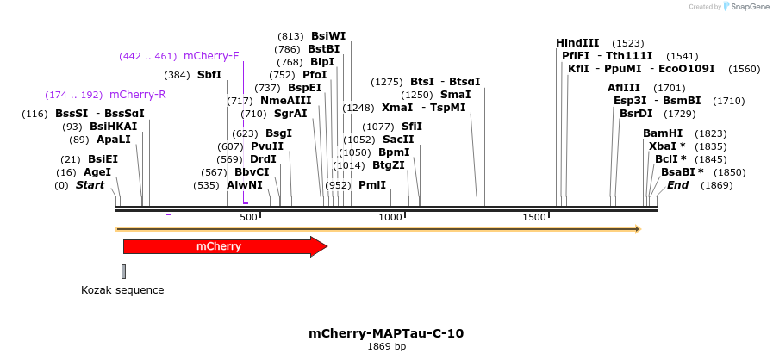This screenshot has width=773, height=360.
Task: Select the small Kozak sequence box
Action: point(123,272)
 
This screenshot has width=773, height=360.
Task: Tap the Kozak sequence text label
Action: point(122,290)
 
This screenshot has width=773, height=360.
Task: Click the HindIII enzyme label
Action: point(577,43)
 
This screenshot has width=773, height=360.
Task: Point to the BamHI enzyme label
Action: point(663,133)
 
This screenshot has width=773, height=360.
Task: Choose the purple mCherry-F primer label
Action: point(211,56)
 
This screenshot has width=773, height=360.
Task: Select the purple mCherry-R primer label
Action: point(137,94)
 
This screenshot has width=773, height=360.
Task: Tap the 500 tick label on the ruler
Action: point(248,217)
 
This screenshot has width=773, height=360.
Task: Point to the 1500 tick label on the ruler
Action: point(533,217)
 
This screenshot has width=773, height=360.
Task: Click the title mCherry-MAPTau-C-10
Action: point(386,333)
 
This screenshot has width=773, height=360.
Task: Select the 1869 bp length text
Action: point(386,347)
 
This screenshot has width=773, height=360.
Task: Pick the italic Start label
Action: point(90,185)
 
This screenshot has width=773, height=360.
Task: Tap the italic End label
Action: point(677,185)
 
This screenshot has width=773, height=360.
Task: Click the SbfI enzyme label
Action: point(209,75)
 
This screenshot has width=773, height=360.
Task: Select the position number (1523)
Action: point(627,43)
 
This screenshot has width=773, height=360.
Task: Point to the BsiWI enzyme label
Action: point(328,36)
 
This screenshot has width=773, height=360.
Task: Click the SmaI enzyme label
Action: point(455,95)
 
